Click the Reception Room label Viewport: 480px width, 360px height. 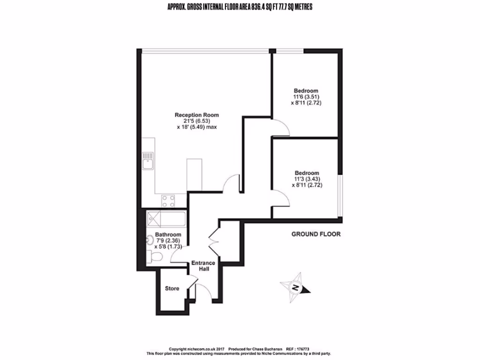coord(196,115)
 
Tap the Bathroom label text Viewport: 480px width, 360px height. coord(168,234)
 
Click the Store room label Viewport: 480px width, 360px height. coord(172,289)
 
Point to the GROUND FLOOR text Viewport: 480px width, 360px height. coord(316,234)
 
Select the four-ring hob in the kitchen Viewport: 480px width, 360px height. coord(168,201)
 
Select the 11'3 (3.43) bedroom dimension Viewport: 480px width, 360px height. coord(307,179)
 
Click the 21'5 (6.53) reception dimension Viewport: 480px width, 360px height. coord(196,121)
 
